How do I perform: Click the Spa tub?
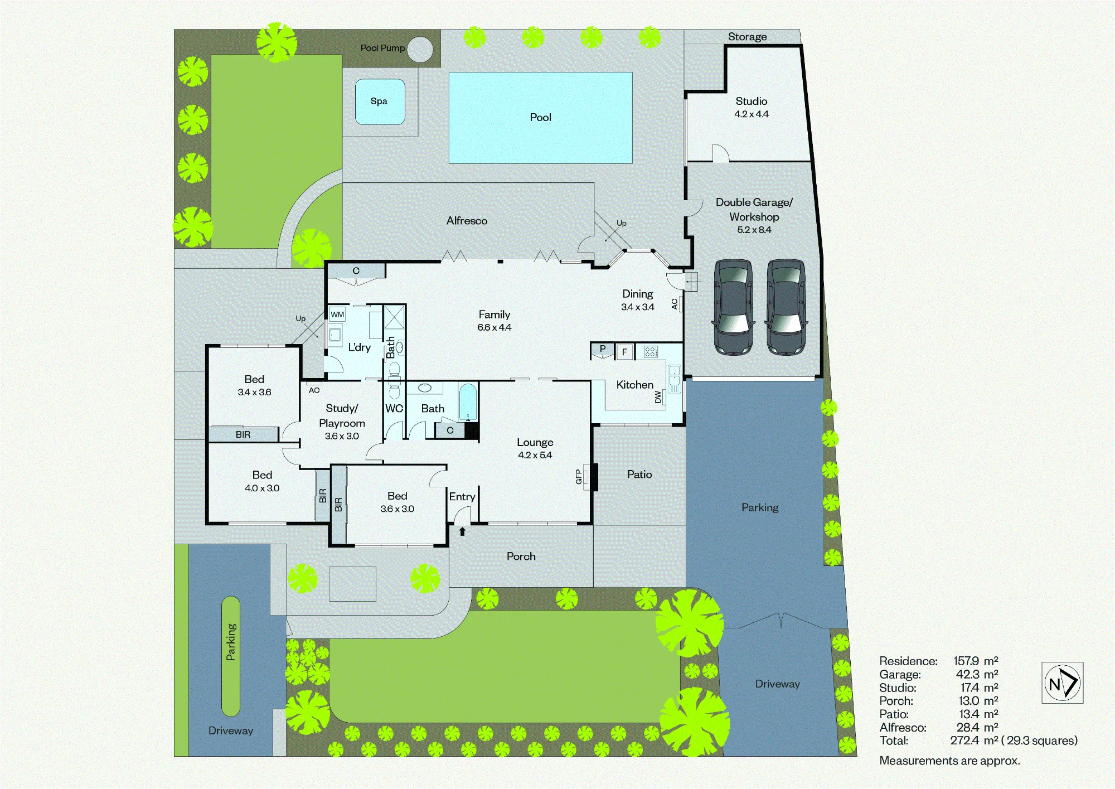click(380, 101)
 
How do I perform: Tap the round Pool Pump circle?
click(420, 50)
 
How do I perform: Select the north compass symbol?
click(1063, 682)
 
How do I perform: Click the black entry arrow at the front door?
click(462, 531)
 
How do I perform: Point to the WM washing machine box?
click(337, 314)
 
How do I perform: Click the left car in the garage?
click(733, 307)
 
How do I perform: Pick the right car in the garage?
click(786, 307)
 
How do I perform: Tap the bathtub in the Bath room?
click(468, 402)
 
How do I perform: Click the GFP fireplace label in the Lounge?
click(579, 477)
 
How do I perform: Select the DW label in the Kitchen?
click(658, 397)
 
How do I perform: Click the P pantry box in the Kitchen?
click(602, 350)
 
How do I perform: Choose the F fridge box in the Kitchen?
click(624, 352)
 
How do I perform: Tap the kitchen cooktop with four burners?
click(651, 351)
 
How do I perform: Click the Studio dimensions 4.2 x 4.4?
click(752, 114)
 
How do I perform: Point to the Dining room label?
click(638, 294)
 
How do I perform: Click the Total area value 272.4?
click(965, 740)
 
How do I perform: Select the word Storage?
click(748, 37)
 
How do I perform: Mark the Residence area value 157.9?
click(966, 661)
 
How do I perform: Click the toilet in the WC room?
click(394, 388)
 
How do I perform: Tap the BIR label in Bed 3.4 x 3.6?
click(243, 434)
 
